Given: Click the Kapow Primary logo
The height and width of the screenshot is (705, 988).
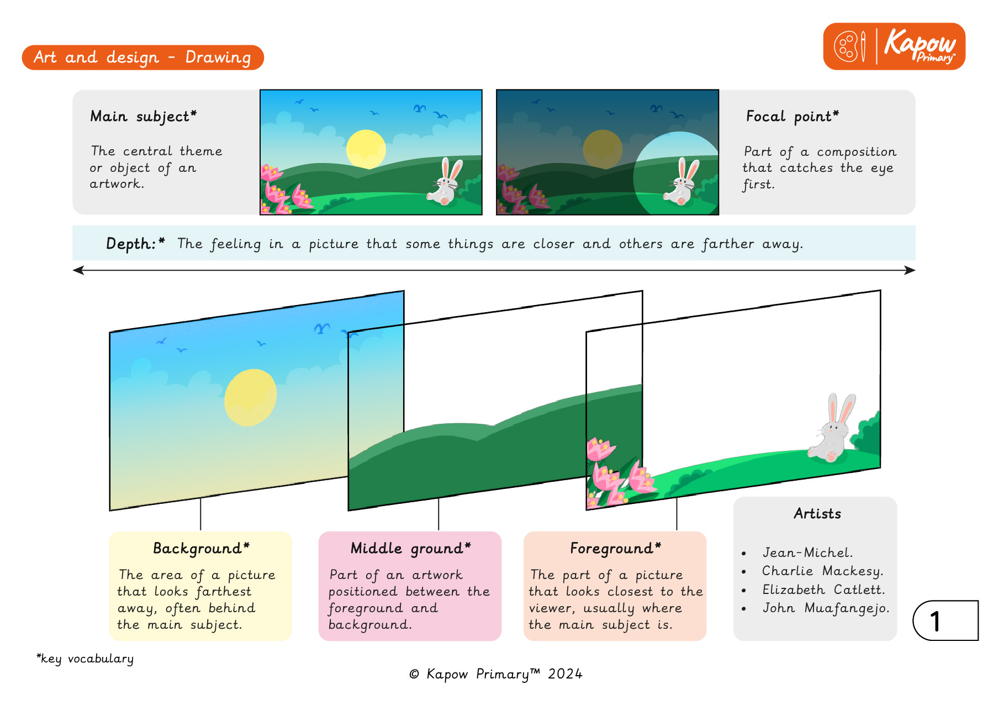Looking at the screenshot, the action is click(894, 46).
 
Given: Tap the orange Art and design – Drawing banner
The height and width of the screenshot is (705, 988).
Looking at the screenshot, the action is click(142, 57).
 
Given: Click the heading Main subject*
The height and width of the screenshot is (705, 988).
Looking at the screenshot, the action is click(144, 117).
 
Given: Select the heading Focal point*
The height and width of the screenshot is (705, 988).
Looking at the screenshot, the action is click(792, 117).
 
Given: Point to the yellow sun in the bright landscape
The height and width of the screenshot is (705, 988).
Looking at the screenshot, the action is click(366, 149).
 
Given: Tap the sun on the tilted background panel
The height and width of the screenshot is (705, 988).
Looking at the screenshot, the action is click(250, 397).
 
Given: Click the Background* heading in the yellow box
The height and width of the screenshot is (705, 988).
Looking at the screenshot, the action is click(201, 549).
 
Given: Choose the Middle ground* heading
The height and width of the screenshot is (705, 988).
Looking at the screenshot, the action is click(410, 549).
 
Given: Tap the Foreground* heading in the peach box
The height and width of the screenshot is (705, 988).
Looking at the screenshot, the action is click(615, 549).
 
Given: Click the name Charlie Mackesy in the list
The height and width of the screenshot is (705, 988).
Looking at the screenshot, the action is click(822, 571).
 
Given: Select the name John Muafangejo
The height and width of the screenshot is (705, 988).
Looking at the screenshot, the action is click(826, 608).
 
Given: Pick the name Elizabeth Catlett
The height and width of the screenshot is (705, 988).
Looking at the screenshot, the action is click(823, 590).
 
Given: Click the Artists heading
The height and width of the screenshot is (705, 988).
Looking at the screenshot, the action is click(817, 514).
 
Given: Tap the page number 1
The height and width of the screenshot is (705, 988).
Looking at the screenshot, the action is click(935, 621).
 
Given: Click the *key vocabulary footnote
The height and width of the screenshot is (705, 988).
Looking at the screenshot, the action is click(85, 659).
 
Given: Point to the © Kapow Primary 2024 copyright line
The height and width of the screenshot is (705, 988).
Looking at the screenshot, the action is click(496, 674).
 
